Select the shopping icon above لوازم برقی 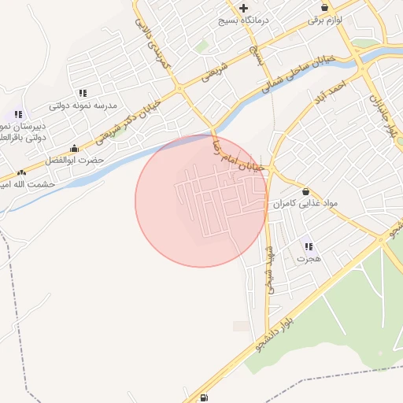coord(336,7)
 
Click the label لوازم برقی coord(336,20)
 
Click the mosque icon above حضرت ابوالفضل coord(75,148)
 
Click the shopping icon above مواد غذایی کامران coord(305,191)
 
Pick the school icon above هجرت coord(308,246)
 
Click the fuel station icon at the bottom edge coord(205,397)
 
